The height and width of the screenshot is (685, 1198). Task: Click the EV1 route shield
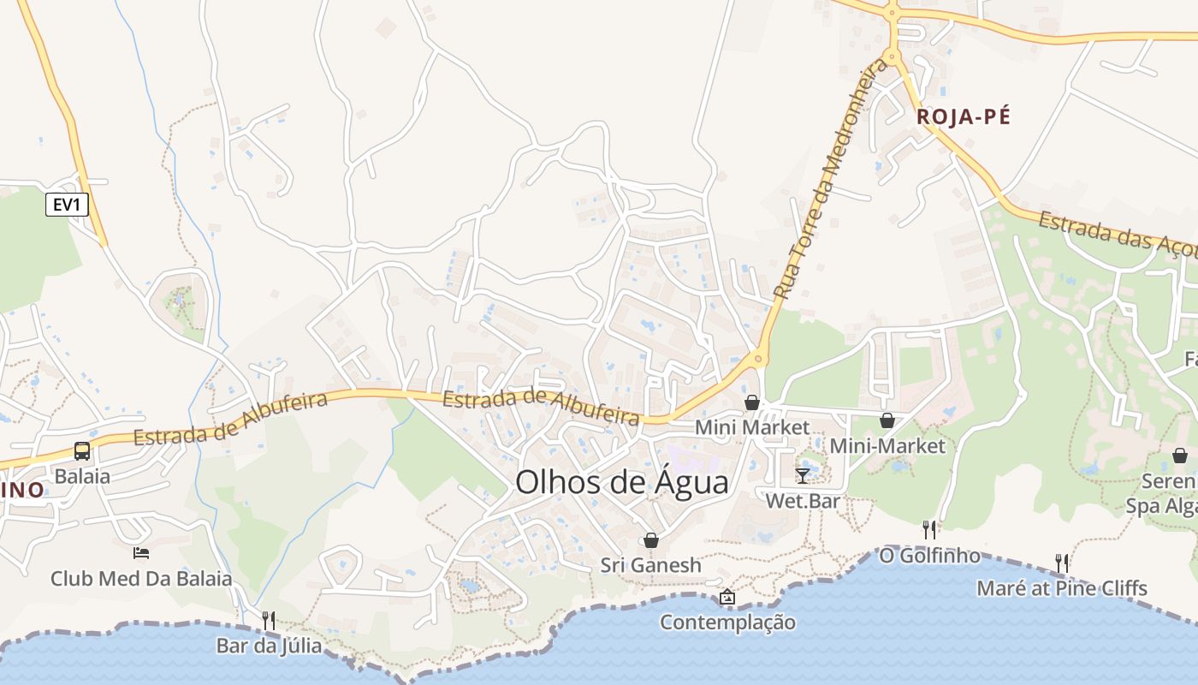point(67,205)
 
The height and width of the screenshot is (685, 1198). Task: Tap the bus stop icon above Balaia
point(82,451)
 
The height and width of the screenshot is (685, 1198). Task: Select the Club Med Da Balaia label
point(141,579)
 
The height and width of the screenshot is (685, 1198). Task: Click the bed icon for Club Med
point(141,553)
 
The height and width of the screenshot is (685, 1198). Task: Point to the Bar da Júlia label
point(269,646)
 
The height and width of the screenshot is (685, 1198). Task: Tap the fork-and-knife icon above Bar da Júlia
point(269,620)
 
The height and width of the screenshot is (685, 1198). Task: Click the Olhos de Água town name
point(622,483)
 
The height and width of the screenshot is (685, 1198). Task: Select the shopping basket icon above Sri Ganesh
point(651,540)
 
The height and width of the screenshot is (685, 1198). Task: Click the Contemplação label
point(727,622)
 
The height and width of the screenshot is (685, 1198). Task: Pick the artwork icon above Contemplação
point(727,597)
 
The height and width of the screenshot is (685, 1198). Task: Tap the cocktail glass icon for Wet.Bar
point(802,475)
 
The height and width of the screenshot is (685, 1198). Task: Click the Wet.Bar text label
point(802,501)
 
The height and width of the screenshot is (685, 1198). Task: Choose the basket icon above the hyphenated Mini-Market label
point(887,420)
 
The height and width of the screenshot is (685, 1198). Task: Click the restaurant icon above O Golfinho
point(929,530)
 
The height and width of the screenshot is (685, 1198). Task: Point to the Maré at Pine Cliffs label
point(1062,588)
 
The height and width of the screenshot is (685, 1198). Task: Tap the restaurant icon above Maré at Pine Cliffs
point(1062,563)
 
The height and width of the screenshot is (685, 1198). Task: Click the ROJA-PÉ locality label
point(964,117)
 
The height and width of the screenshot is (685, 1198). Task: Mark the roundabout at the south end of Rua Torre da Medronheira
point(758,359)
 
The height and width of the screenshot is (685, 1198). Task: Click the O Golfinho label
point(929,556)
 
